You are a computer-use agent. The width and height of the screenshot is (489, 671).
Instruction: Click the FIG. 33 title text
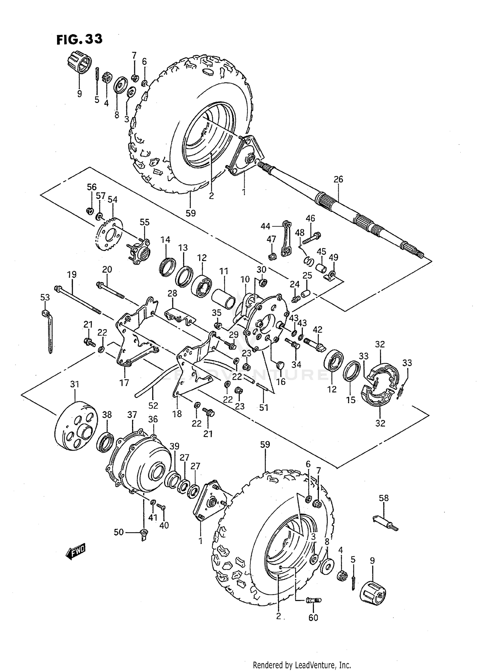(x=80, y=39)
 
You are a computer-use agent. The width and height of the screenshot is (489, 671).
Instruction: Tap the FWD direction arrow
(x=75, y=552)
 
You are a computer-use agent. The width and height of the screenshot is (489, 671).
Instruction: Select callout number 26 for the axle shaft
(x=338, y=179)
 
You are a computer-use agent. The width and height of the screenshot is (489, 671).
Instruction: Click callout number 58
(x=384, y=498)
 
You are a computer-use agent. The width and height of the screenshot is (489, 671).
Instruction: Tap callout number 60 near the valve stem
(x=313, y=618)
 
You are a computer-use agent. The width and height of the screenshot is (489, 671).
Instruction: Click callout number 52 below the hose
(x=153, y=405)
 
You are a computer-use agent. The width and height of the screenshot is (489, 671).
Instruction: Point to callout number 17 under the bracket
(x=124, y=382)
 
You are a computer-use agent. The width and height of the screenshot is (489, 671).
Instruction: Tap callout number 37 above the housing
(x=132, y=415)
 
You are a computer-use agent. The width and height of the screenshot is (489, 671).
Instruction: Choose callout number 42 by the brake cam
(x=317, y=329)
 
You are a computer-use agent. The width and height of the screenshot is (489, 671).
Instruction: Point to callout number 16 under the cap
(x=281, y=381)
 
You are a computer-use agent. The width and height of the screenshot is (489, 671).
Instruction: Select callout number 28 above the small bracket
(x=172, y=293)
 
